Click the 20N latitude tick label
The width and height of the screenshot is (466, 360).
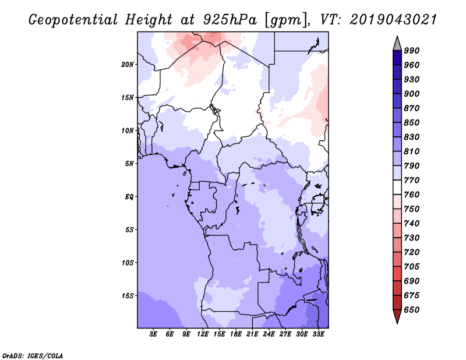coord(128,64)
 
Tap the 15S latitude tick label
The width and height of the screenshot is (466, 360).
coord(128,296)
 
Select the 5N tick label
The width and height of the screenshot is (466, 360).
coord(129,164)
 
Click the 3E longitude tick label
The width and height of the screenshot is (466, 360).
coord(154,334)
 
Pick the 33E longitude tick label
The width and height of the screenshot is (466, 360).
coord(318,334)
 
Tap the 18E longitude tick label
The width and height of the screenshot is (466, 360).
coord(236,334)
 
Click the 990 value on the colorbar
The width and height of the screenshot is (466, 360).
coord(412,51)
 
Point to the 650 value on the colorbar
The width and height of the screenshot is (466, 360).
coord(412,310)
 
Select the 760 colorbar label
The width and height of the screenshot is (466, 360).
coord(412,195)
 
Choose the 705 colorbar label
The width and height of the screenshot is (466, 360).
coord(412,267)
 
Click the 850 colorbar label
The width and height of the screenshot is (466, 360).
coord(412,123)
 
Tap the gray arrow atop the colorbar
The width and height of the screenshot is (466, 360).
coord(397,43)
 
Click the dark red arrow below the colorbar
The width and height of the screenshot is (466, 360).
coord(397,317)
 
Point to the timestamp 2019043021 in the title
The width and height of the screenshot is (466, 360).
coord(393,20)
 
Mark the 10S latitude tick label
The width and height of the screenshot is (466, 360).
coord(128,263)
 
